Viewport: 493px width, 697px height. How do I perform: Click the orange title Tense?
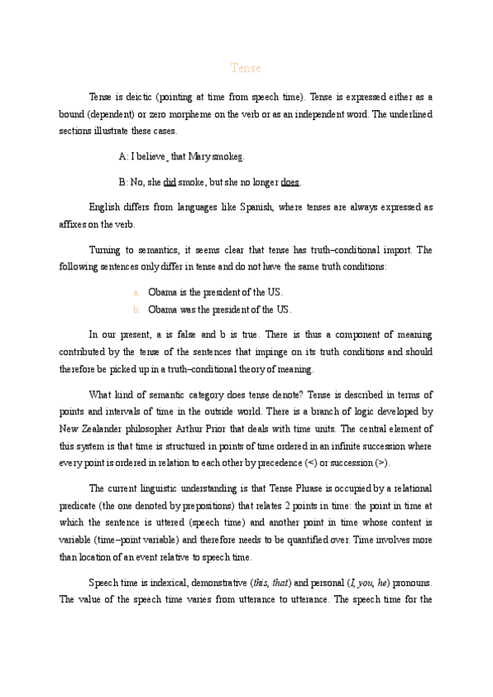(246, 68)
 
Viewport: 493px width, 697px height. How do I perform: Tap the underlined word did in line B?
(170, 182)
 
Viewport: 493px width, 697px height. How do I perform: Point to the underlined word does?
(289, 182)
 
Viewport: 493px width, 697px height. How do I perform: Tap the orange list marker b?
(136, 310)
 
